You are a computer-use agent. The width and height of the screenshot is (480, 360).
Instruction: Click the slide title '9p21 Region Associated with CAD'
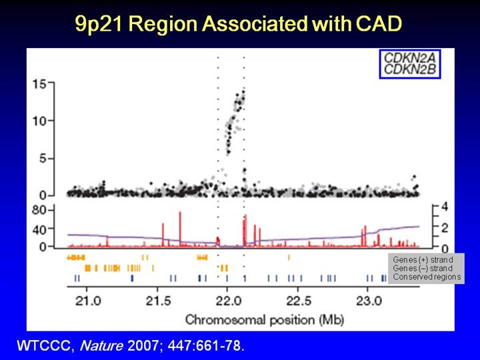pos(239,25)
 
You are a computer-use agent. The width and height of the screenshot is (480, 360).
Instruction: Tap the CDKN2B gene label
pos(405,69)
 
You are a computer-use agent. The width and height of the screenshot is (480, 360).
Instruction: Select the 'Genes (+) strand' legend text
pos(423,259)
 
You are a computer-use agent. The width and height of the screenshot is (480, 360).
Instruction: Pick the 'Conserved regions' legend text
pos(427,276)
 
